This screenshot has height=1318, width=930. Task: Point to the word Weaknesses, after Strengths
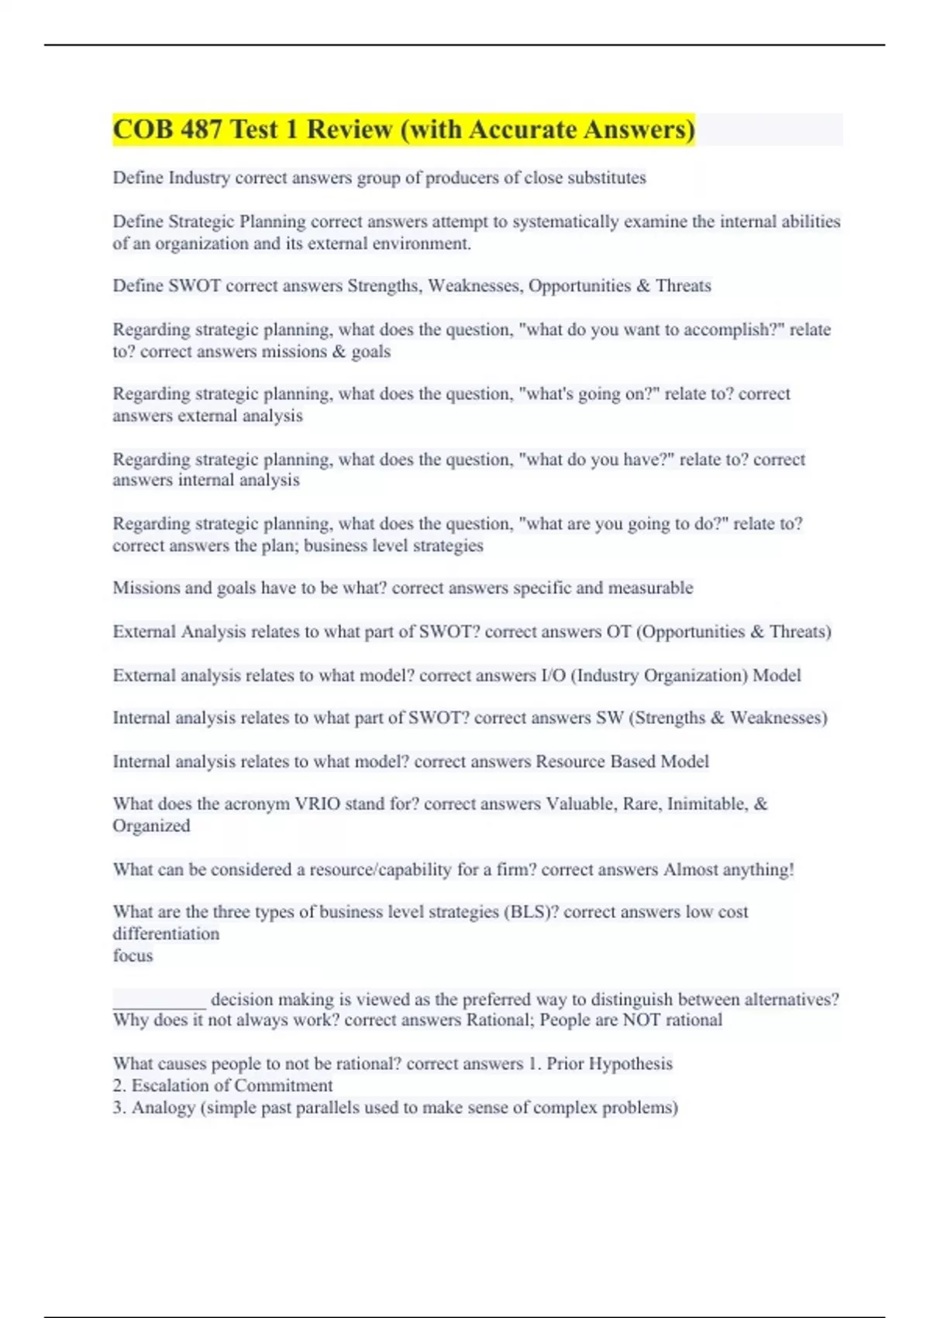475,286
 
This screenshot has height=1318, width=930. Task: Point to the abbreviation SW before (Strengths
609,718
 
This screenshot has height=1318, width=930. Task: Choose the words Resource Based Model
622,761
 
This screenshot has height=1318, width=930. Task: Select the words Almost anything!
728,870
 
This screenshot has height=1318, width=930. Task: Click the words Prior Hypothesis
609,1064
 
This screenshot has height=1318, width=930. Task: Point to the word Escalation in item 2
170,1085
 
